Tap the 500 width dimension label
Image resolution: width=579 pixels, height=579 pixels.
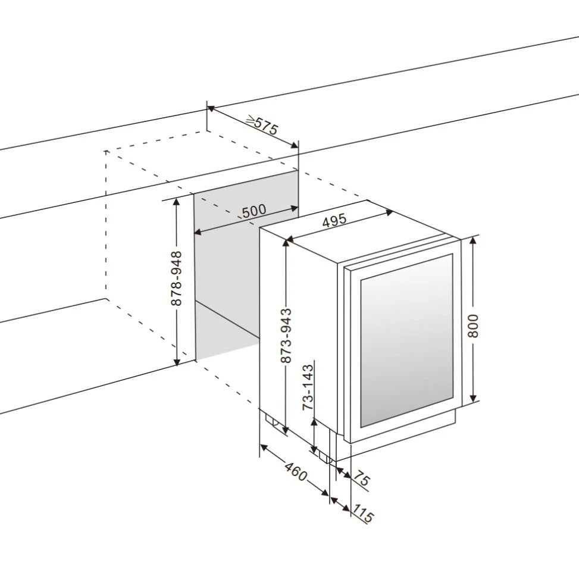click(254, 211)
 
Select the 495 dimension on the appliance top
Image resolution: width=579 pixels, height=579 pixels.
click(334, 221)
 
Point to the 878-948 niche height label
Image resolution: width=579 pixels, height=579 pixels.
click(176, 278)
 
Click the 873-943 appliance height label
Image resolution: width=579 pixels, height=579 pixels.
click(286, 336)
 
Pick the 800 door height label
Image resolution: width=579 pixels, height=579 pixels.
click(473, 325)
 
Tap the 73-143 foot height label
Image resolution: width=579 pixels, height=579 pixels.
click(308, 387)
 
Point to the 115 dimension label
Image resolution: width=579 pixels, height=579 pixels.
click(363, 513)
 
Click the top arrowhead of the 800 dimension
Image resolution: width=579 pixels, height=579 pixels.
click(473, 239)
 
